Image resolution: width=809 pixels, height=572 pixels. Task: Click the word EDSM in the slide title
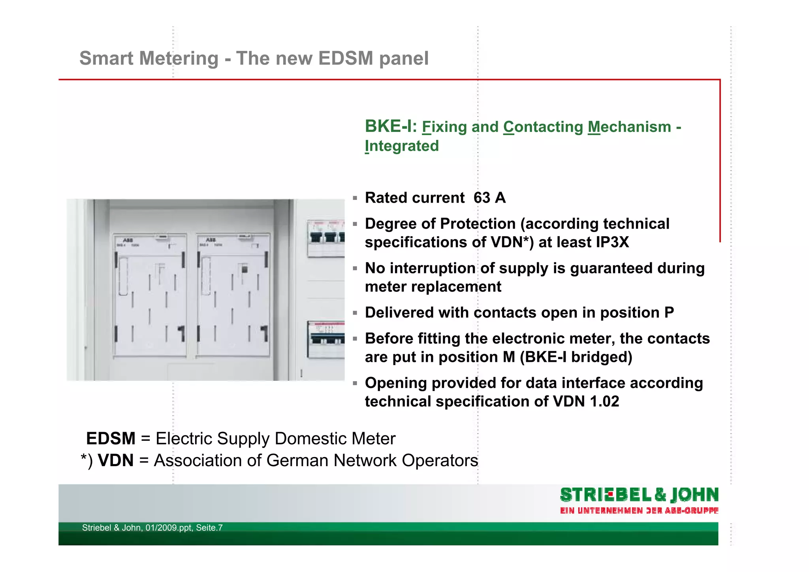(345, 58)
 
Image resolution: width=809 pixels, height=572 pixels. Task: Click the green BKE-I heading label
(390, 126)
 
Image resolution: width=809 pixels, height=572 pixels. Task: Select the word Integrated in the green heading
(401, 146)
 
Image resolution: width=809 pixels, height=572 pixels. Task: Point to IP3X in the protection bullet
(612, 242)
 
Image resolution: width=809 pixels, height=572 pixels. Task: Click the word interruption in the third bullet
(432, 268)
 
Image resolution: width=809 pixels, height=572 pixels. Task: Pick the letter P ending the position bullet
(669, 313)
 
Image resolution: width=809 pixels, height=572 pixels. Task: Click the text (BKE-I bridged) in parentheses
(576, 357)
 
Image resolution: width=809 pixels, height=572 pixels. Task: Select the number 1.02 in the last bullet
(604, 402)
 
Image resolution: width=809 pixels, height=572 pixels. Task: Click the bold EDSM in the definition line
(111, 438)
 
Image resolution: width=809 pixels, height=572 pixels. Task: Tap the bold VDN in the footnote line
(115, 461)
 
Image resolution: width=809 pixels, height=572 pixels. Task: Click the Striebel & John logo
(639, 495)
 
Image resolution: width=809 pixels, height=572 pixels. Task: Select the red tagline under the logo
(639, 511)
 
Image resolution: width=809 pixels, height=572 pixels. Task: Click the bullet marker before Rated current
(355, 198)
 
